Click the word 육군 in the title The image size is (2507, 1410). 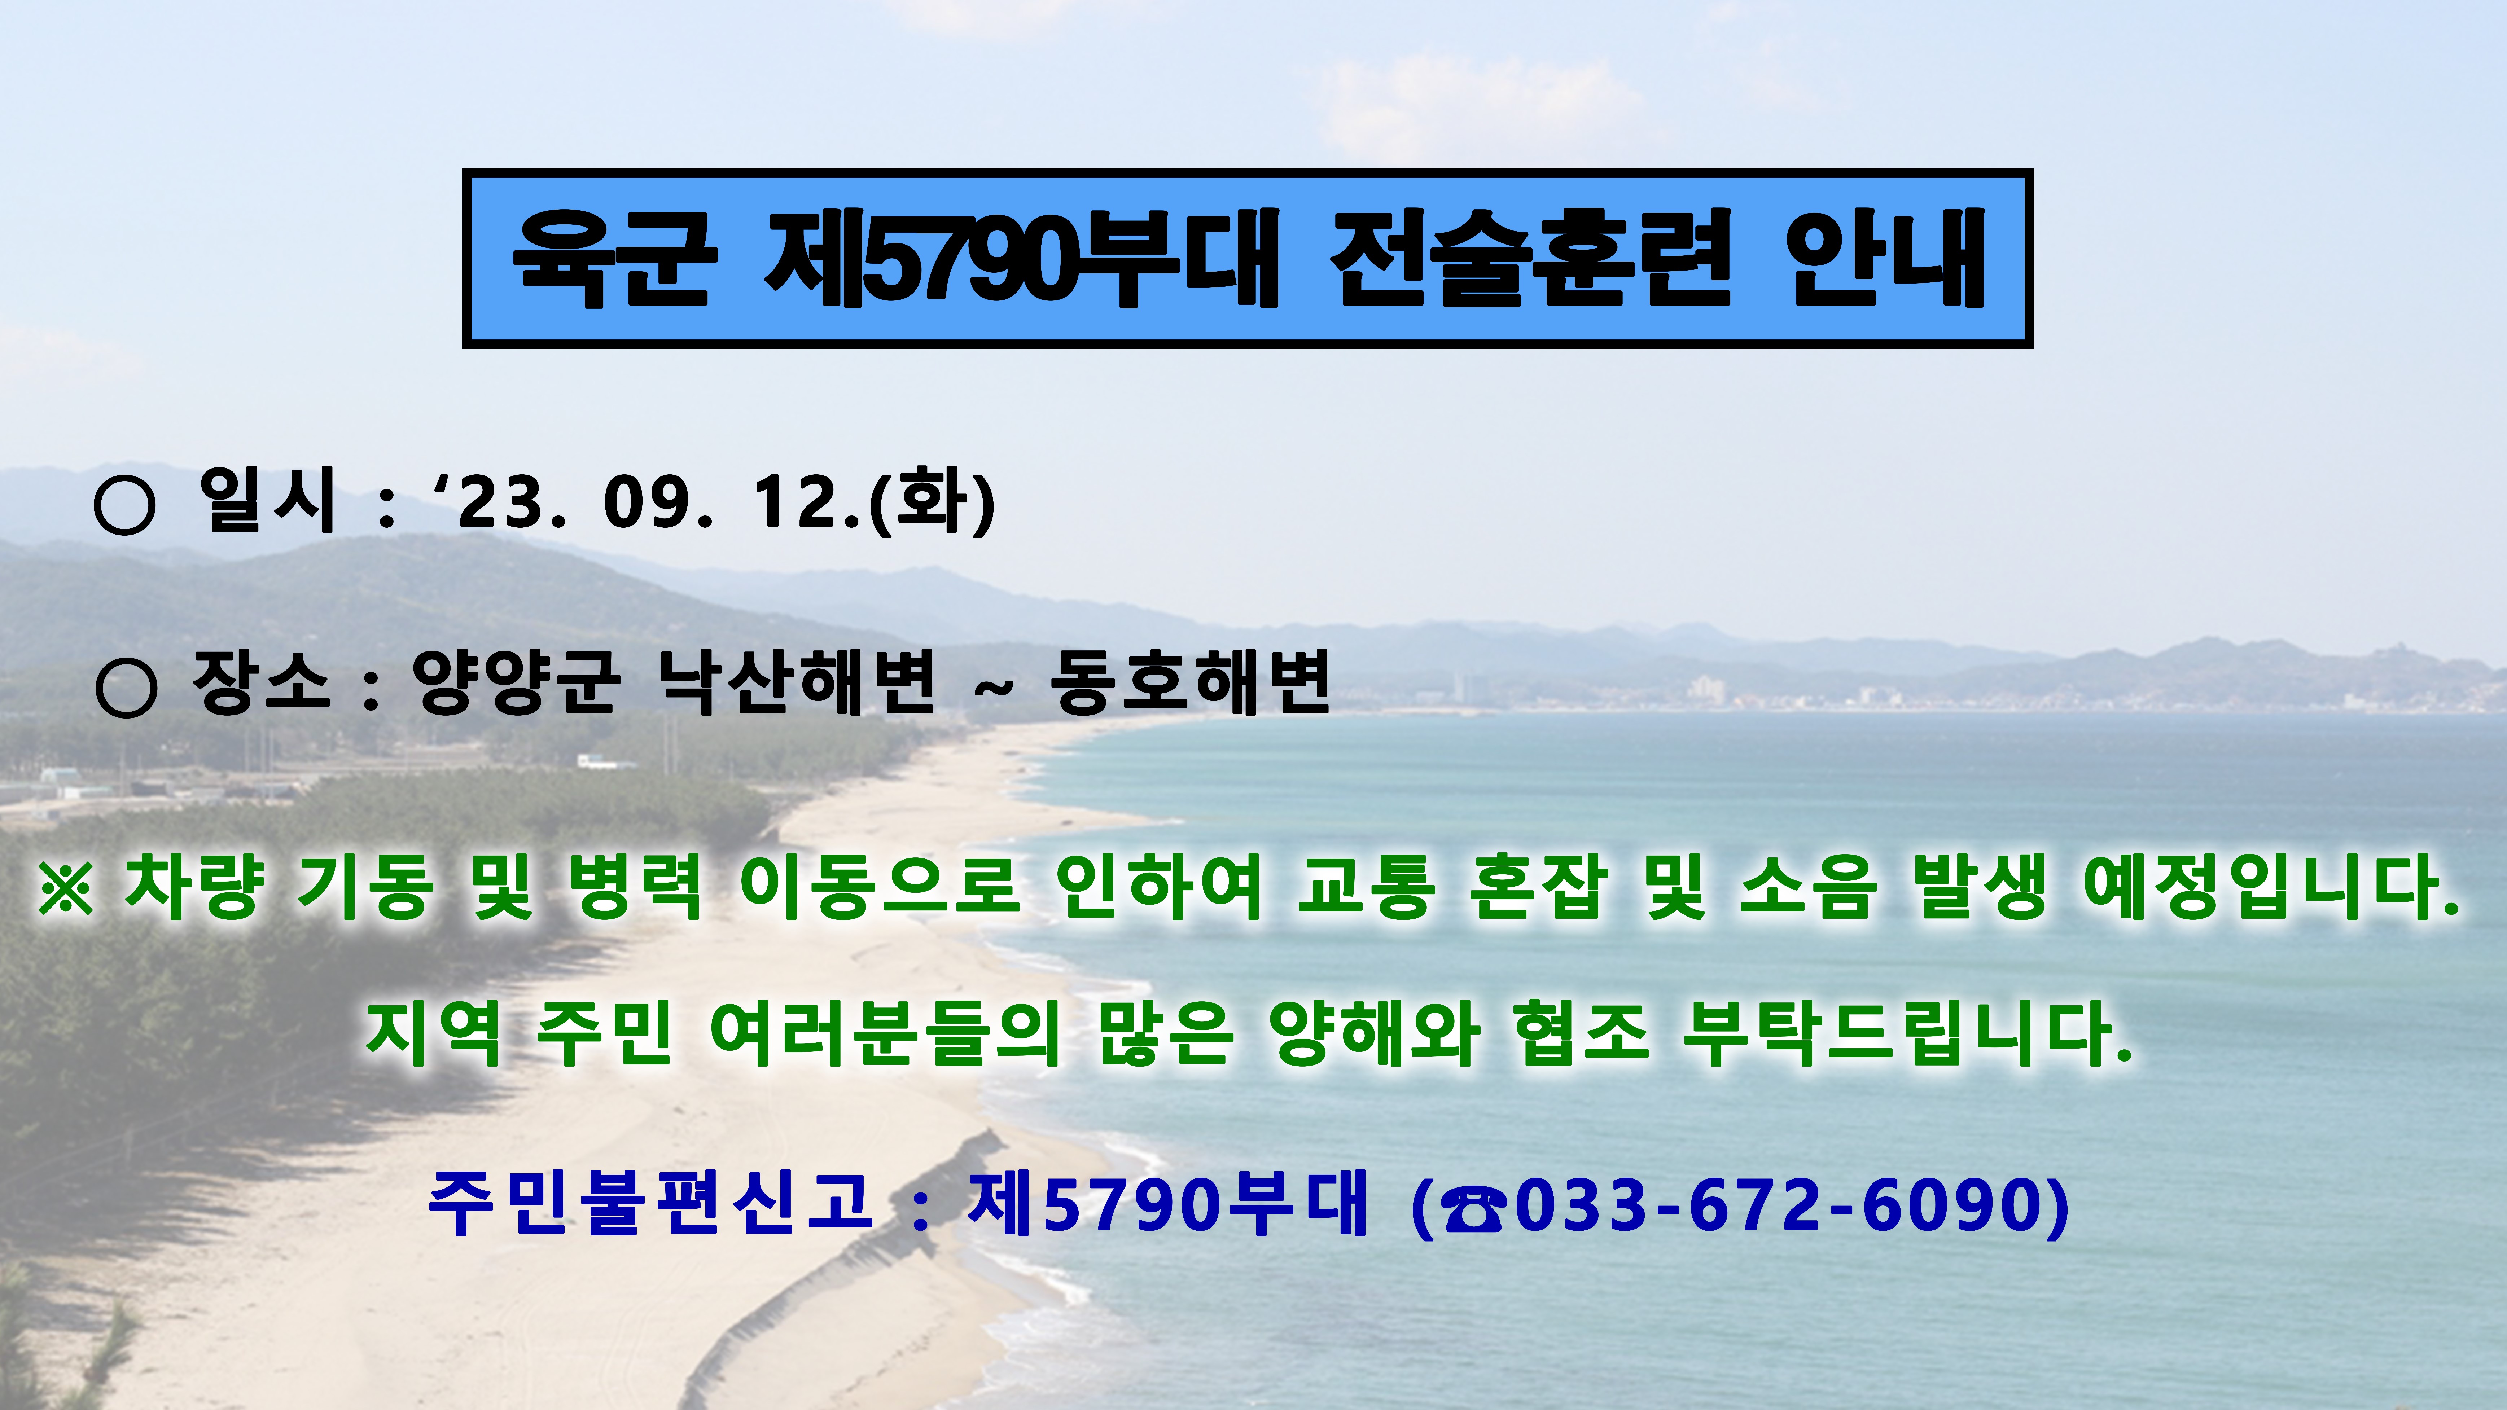pyautogui.click(x=615, y=258)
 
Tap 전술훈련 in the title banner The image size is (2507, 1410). pyautogui.click(x=1531, y=258)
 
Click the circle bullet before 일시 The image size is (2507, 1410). pyautogui.click(x=124, y=504)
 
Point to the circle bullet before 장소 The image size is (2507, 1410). pyautogui.click(x=127, y=687)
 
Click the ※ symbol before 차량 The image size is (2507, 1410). pyautogui.click(x=66, y=887)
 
